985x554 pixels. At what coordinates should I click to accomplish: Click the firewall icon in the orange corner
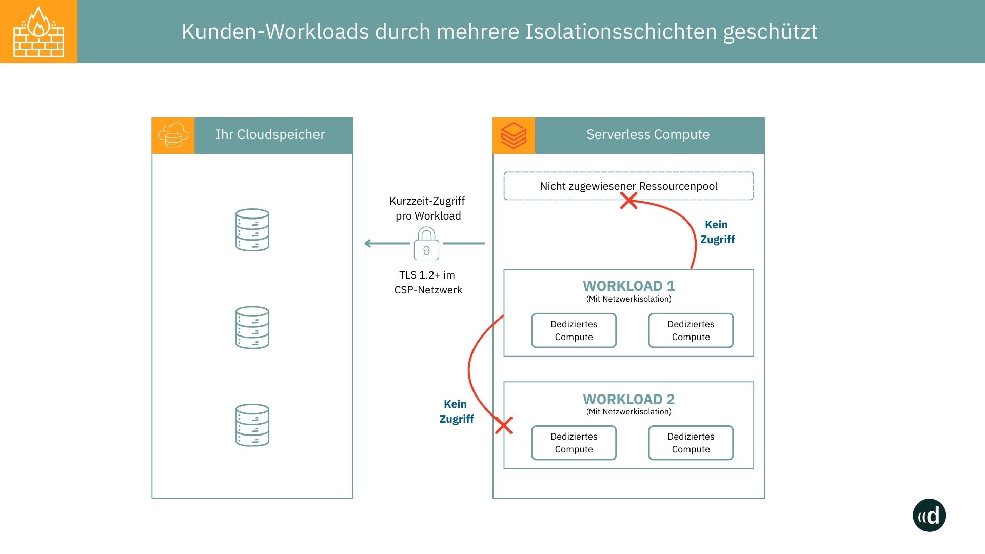pos(38,31)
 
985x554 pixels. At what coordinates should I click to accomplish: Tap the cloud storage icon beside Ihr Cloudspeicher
pos(173,135)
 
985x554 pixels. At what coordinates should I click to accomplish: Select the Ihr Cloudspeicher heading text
pos(270,134)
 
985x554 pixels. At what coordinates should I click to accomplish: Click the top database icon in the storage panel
pos(252,230)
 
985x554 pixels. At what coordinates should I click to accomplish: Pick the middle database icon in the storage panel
pos(252,327)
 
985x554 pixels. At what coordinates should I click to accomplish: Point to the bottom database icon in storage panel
pos(252,425)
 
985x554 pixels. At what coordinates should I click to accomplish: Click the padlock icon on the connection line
pos(426,244)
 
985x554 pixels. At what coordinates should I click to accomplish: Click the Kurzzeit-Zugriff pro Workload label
pos(427,208)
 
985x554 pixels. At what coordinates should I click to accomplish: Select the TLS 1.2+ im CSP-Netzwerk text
pos(428,282)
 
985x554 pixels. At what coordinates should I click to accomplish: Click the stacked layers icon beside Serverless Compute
pos(514,135)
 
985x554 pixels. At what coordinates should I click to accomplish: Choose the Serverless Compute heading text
pos(648,134)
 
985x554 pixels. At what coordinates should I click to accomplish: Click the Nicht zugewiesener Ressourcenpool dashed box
pos(628,186)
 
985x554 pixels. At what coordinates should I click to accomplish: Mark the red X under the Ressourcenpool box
pos(628,201)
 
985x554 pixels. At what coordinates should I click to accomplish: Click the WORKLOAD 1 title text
pos(628,286)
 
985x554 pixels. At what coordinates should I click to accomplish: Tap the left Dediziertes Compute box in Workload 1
pos(574,330)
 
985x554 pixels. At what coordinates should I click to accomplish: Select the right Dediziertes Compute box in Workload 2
pos(691,443)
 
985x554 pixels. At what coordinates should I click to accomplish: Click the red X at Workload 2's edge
pos(504,425)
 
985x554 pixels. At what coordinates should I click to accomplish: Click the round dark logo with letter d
pos(929,515)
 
